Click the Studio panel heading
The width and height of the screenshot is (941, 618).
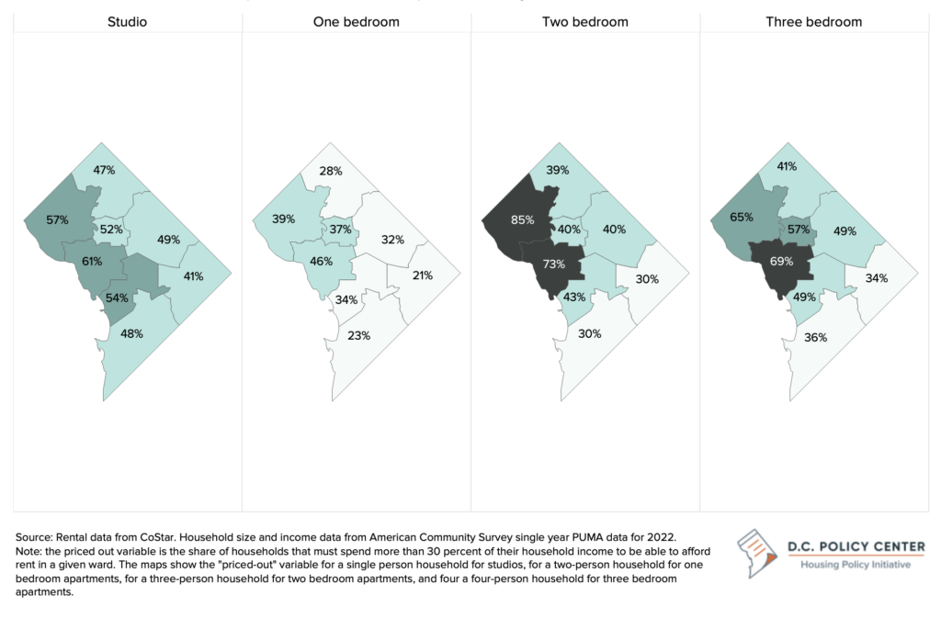[x=127, y=21]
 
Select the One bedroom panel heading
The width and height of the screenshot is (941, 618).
[x=356, y=21]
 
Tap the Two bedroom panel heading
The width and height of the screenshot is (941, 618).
[x=584, y=21]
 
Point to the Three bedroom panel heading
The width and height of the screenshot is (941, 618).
[x=814, y=21]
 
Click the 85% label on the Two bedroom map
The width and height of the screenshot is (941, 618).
[x=523, y=219]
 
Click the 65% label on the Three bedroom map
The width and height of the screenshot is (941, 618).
[x=742, y=218]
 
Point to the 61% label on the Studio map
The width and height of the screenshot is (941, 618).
[x=91, y=262]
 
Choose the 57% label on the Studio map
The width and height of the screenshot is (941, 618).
[x=58, y=221]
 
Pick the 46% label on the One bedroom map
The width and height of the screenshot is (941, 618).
[x=321, y=262]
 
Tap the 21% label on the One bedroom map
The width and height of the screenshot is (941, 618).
[x=424, y=275]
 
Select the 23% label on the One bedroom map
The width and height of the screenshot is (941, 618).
[x=359, y=335]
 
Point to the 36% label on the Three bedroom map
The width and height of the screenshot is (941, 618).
[x=816, y=338]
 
